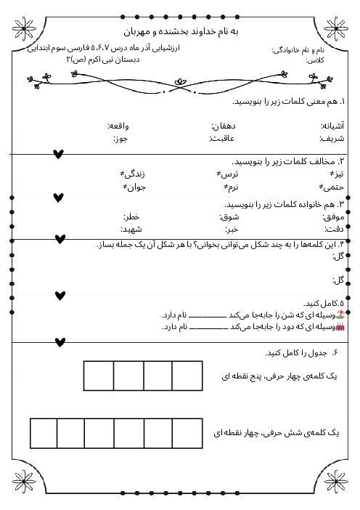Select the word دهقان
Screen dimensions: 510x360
pyautogui.click(x=224, y=125)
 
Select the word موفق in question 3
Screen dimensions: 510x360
pyautogui.click(x=333, y=216)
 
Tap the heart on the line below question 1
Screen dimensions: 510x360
pyautogui.click(x=59, y=153)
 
